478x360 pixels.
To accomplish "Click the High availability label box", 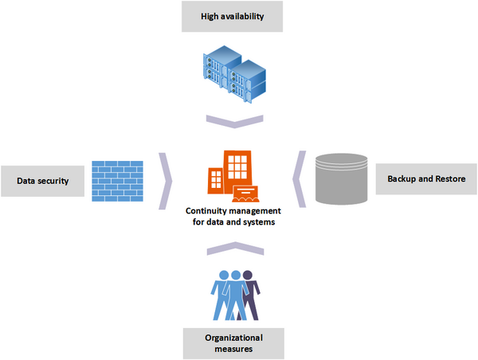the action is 232,17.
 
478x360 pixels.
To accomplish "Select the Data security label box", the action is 43,181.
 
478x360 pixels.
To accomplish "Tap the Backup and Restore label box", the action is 426,179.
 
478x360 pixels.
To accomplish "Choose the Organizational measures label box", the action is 233,343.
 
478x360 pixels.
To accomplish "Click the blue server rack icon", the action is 234,74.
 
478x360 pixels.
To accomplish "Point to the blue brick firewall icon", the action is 118,181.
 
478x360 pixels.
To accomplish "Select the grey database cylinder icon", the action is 342,179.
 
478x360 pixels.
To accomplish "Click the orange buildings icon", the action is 233,176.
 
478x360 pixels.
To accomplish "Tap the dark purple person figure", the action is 251,295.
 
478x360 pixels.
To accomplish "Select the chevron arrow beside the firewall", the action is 166,181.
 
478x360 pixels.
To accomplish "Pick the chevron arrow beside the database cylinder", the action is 300,179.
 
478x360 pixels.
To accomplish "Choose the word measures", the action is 233,349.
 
